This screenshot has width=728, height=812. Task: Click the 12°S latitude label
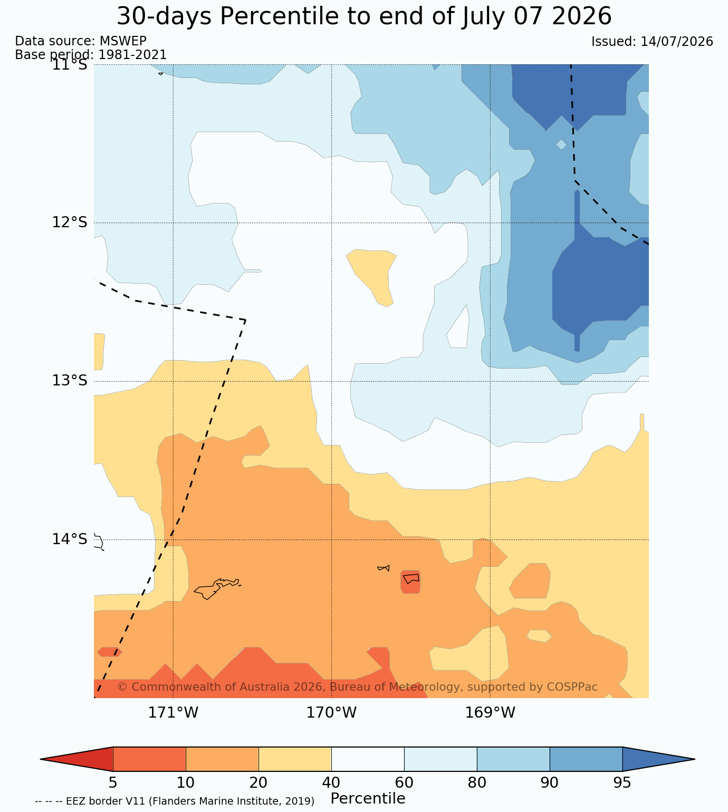(x=70, y=223)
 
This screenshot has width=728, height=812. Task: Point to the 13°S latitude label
(x=70, y=381)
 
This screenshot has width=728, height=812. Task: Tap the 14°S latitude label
(x=70, y=539)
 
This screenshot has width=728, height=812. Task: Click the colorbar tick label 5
(x=113, y=782)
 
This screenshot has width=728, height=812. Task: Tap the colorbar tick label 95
(x=622, y=782)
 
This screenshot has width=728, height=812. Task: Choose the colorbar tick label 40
(x=331, y=782)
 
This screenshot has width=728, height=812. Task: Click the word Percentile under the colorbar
(x=368, y=798)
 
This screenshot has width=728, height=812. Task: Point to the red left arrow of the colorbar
(x=76, y=759)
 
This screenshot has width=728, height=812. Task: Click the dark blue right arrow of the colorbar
(x=658, y=759)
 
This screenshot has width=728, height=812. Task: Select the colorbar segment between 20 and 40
(x=295, y=759)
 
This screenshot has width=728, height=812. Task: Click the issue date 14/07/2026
(x=677, y=42)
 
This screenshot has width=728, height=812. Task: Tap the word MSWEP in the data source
(x=123, y=41)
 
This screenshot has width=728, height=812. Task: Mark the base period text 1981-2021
(x=132, y=55)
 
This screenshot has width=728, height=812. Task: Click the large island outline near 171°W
(x=217, y=589)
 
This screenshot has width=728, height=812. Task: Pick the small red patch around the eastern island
(x=410, y=582)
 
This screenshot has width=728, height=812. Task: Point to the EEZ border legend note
(x=175, y=801)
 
